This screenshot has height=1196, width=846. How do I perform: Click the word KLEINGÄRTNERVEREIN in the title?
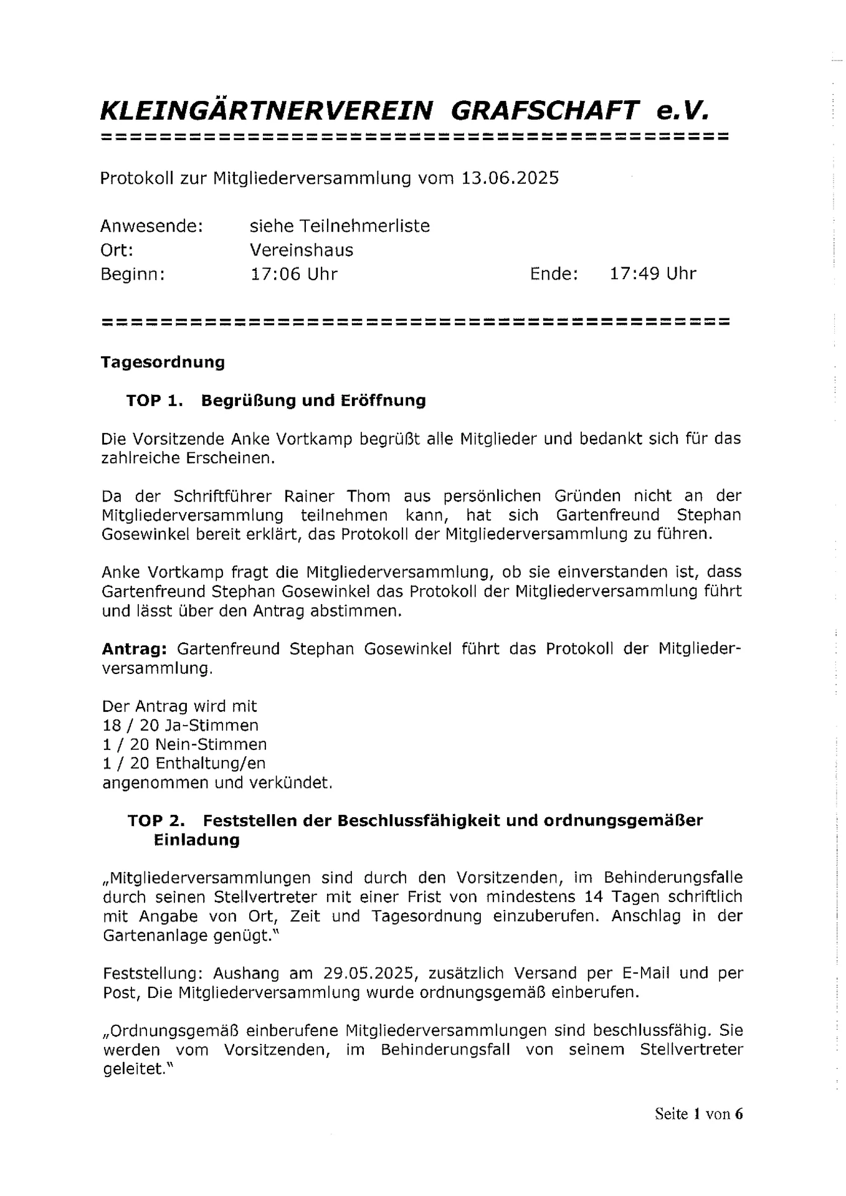point(267,112)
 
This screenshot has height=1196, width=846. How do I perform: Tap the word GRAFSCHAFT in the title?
point(544,112)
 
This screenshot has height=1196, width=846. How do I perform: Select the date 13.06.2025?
point(510,178)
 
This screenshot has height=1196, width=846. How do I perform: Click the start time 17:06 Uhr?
point(293,273)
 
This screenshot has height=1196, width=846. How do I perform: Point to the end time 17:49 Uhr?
point(652,273)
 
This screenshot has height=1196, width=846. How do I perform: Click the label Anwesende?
point(152,225)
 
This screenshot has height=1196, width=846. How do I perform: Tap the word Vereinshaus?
point(302,250)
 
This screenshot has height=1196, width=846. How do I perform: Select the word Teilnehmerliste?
point(364,225)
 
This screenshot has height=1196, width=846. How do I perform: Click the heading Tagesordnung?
point(163,362)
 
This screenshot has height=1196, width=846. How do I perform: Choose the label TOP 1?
point(154,400)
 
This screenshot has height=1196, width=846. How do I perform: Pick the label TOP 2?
point(156,820)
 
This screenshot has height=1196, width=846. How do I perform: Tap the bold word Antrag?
point(134,648)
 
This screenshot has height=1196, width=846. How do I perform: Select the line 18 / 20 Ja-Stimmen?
point(180,725)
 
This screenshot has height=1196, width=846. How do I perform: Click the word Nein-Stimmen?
point(211,744)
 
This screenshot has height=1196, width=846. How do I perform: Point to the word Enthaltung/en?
point(211,763)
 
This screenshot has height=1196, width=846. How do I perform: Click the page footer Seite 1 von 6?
point(698,1114)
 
